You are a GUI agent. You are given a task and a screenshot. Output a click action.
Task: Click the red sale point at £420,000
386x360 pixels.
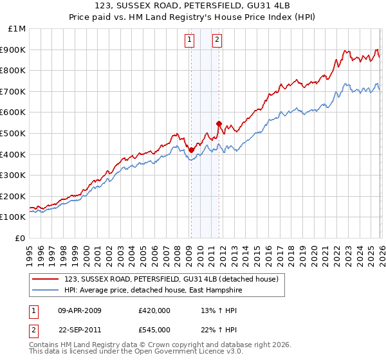click(x=191, y=150)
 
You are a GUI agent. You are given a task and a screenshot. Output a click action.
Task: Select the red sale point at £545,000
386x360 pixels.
click(x=219, y=123)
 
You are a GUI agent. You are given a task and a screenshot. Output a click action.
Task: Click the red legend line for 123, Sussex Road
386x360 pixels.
click(x=46, y=279)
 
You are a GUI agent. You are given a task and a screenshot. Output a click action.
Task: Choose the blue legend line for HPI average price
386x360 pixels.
click(x=46, y=290)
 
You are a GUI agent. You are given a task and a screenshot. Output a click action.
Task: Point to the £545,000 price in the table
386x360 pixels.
click(x=154, y=330)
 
